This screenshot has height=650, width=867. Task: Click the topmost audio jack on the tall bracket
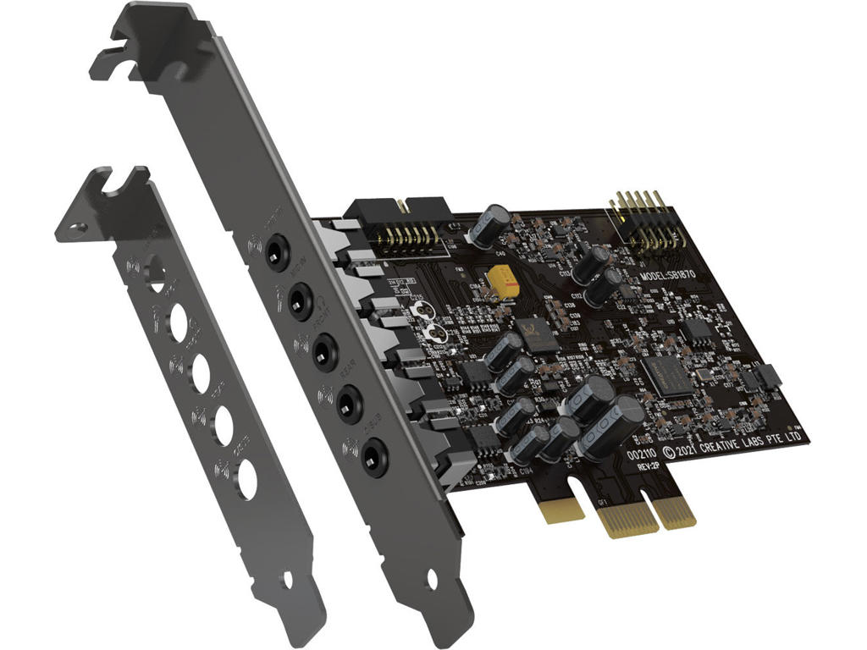tap(274, 252)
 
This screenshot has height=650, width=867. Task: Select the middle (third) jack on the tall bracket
tap(323, 351)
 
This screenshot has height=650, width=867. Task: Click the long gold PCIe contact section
tap(631, 517)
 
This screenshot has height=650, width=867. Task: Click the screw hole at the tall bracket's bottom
tap(432, 580)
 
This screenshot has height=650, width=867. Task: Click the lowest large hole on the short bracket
tap(246, 480)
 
